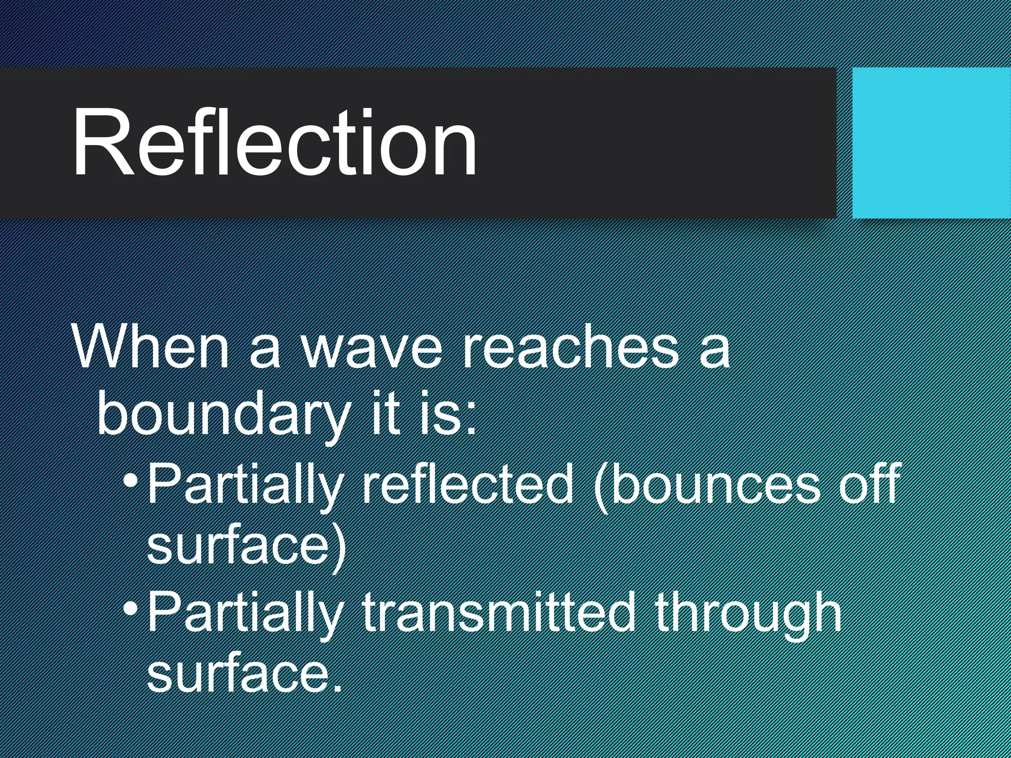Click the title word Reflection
[274, 143]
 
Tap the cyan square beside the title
[931, 143]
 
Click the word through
[748, 614]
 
